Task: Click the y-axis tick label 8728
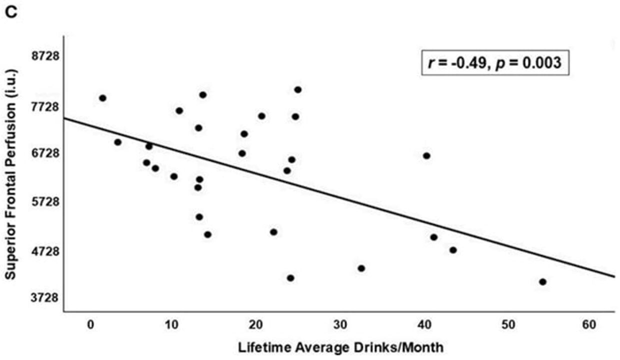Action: coord(45,56)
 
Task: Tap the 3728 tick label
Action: coord(45,297)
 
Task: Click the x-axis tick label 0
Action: coord(90,325)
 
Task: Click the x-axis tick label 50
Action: coord(505,325)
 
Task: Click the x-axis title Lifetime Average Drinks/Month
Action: coord(340,347)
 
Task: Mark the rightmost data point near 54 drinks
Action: coord(542,282)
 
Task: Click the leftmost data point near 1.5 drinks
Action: coord(102,98)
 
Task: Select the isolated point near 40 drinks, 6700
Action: coord(426,156)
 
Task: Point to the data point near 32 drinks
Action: coord(361,268)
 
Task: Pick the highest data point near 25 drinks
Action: coord(298,89)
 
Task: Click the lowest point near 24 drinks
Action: coord(290,278)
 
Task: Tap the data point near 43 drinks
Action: coord(453,250)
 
